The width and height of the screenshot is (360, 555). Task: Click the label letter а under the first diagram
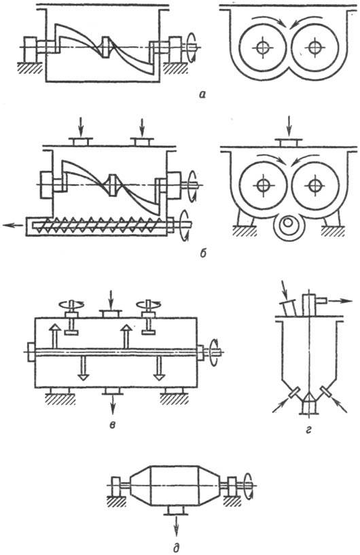click(x=202, y=94)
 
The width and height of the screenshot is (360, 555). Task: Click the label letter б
click(x=203, y=253)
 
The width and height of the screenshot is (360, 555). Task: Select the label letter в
click(x=112, y=425)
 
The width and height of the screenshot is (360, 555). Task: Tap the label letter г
click(x=308, y=430)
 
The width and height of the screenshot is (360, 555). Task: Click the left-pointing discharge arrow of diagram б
click(x=13, y=225)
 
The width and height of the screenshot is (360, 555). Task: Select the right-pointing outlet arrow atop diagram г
click(x=340, y=301)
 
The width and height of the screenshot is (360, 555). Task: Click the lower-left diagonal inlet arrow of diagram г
click(x=281, y=406)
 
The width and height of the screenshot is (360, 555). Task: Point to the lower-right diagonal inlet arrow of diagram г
click(x=340, y=406)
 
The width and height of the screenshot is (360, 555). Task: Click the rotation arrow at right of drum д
click(x=249, y=484)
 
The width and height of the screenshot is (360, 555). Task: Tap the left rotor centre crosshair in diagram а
click(x=262, y=48)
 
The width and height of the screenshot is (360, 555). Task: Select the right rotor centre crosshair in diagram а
click(x=314, y=48)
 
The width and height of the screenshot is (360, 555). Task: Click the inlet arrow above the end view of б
click(x=289, y=125)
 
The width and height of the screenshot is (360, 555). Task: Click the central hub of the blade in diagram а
click(x=107, y=47)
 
